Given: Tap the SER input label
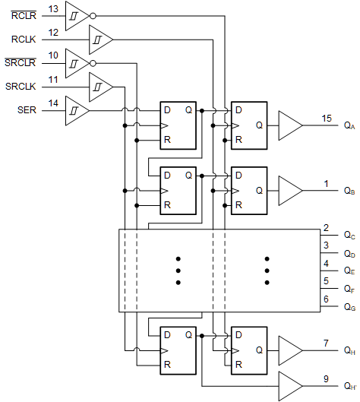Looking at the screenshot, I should coord(27,110).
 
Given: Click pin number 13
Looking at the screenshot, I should coord(52,8).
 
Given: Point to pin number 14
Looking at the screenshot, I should coord(52,102).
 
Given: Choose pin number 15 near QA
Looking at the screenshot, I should coord(326,119).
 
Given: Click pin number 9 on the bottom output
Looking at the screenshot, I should coord(326,378).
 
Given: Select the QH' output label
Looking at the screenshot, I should coord(349,387).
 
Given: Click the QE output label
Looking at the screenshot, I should coord(349,271).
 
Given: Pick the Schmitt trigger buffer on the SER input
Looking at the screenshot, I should coord(77,110).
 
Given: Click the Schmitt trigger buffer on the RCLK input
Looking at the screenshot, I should coord(100,37).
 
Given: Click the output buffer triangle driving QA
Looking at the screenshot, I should coord(289,125).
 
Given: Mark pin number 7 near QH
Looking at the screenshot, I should coord(326,343).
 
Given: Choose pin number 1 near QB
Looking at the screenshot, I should coord(326,182).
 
